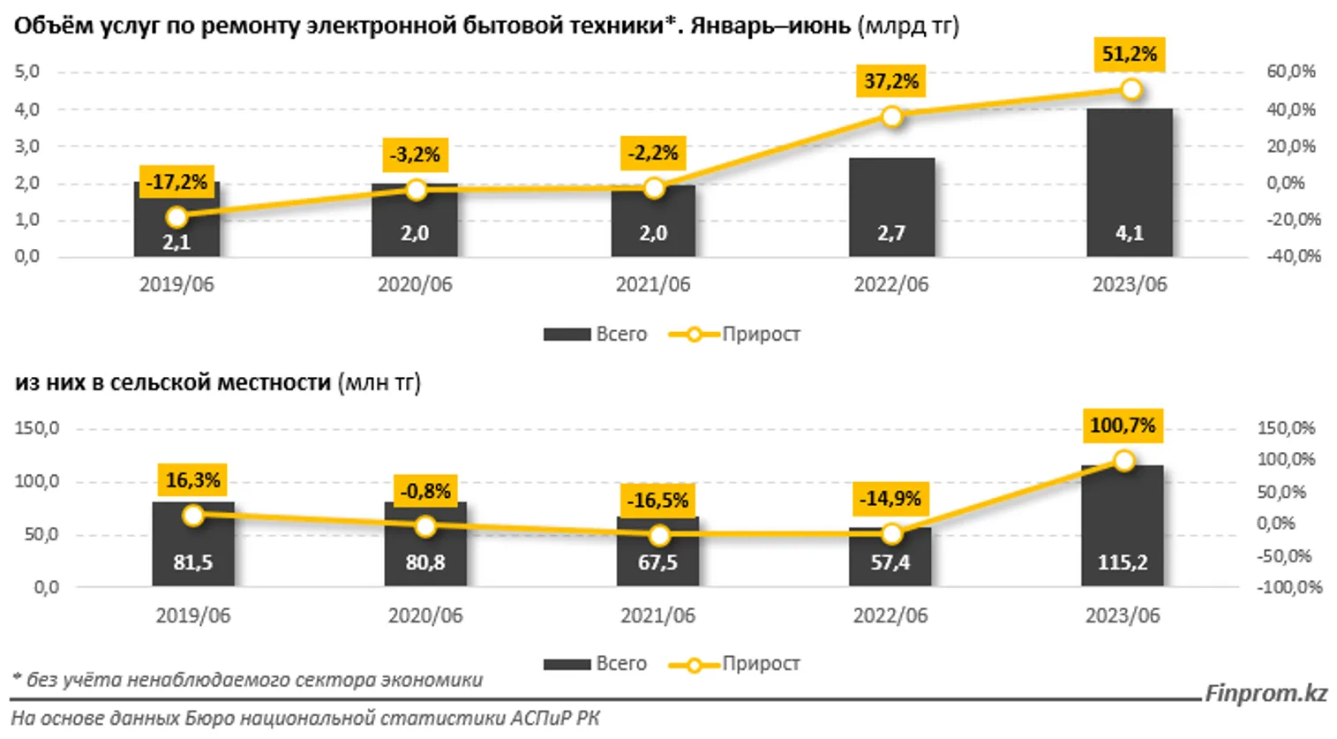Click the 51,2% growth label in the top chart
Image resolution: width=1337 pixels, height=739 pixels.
(x=1129, y=55)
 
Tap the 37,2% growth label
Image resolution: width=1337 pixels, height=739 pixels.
(x=891, y=82)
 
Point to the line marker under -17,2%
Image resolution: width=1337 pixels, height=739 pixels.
(x=177, y=217)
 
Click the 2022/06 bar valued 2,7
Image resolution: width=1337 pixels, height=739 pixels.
(x=891, y=207)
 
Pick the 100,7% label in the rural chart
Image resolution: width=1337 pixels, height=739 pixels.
(x=1122, y=426)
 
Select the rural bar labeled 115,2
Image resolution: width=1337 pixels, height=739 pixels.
(x=1122, y=525)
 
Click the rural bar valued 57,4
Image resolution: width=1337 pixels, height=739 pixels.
(x=890, y=556)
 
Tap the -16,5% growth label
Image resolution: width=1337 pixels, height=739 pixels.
(x=657, y=501)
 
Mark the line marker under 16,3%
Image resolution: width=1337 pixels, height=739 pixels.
(x=193, y=516)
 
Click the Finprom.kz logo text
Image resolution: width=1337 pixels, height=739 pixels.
(x=1266, y=693)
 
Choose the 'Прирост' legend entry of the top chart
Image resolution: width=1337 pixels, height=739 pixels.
(x=735, y=335)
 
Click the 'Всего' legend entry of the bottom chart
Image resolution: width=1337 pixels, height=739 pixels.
(x=596, y=664)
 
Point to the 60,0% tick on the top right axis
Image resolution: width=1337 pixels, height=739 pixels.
(x=1290, y=72)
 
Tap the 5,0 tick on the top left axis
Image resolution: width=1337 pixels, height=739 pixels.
(x=26, y=72)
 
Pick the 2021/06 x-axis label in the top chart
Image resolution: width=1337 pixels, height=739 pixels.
(x=653, y=284)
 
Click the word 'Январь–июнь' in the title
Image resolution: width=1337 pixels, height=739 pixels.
(x=770, y=26)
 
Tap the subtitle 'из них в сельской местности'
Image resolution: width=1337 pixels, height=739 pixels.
(x=173, y=383)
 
